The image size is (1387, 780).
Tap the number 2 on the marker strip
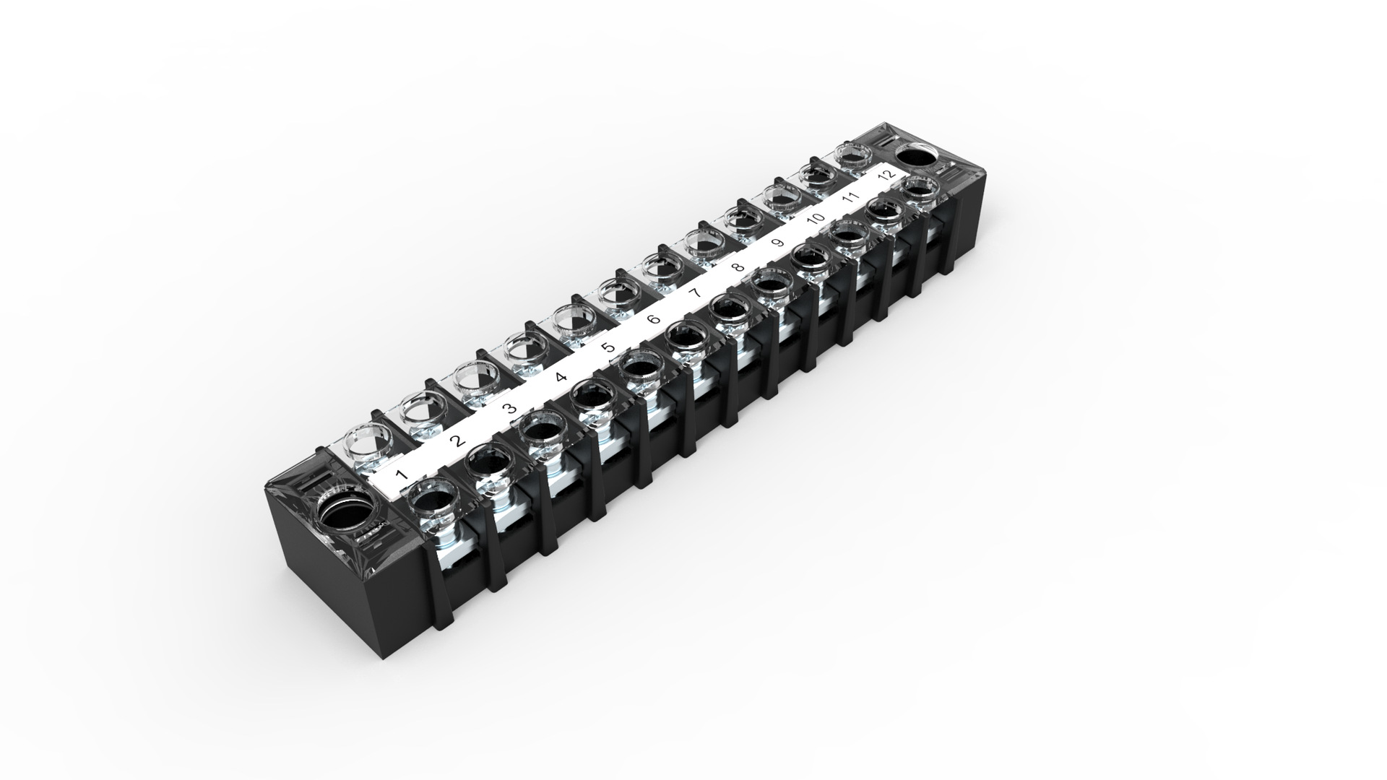pyautogui.click(x=455, y=441)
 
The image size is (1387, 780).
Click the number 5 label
pyautogui.click(x=608, y=347)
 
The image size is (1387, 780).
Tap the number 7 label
pyautogui.click(x=696, y=292)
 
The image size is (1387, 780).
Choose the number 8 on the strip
pyautogui.click(x=737, y=268)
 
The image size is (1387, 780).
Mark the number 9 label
pyautogui.click(x=777, y=243)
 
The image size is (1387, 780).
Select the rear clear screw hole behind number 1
pyautogui.click(x=368, y=442)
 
